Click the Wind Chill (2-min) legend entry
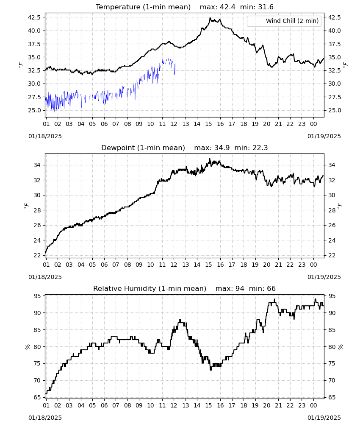tap(284, 21)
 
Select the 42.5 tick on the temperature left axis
tap(34, 17)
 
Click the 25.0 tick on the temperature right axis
tap(334, 110)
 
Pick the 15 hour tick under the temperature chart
tap(209, 124)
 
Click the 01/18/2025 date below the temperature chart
tap(45, 136)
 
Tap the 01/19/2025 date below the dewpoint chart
tap(324, 277)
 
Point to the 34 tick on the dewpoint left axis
tap(38, 165)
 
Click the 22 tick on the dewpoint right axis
tap(331, 255)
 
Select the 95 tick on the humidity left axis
tap(38, 296)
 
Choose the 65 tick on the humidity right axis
tap(331, 398)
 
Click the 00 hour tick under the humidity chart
tap(313, 406)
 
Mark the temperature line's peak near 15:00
tap(210, 17)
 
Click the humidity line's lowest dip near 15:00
tap(210, 369)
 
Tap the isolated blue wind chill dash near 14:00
tap(201, 49)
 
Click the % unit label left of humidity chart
tap(27, 347)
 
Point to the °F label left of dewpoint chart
tap(26, 206)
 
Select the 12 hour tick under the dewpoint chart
tap(174, 265)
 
